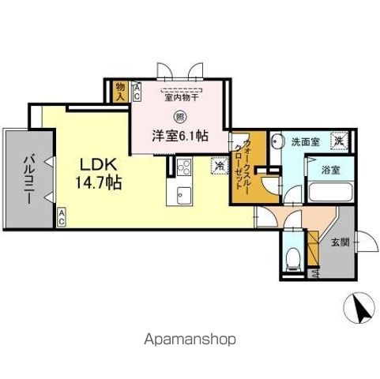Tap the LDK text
(x=98, y=165)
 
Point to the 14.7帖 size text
(x=98, y=183)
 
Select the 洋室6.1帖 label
(x=180, y=135)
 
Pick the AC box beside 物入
(x=135, y=91)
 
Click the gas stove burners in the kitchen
(x=184, y=167)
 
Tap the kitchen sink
(x=184, y=195)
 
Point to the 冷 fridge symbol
(x=218, y=167)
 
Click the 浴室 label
(x=329, y=168)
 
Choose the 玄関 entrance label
(x=337, y=242)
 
